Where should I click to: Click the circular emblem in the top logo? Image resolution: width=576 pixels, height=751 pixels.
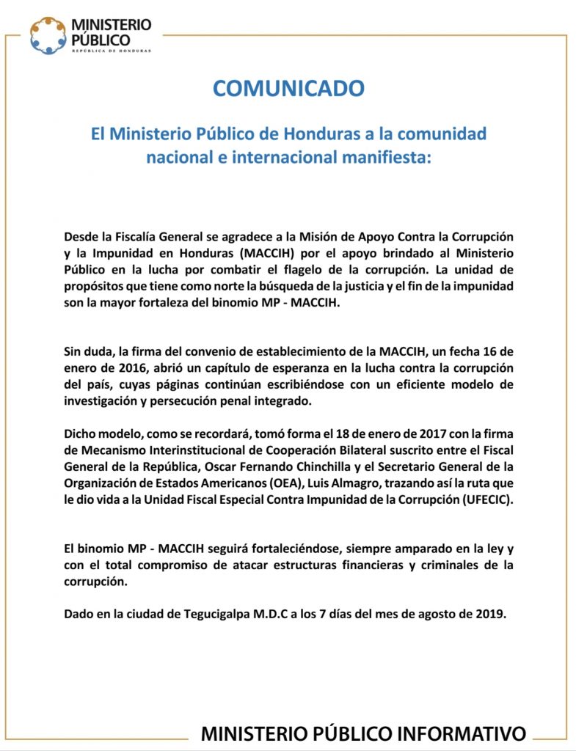[x=48, y=34]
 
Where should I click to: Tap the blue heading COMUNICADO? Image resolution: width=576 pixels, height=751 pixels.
[x=288, y=89]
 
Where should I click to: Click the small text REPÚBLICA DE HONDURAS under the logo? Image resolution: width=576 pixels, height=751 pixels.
[x=112, y=51]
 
